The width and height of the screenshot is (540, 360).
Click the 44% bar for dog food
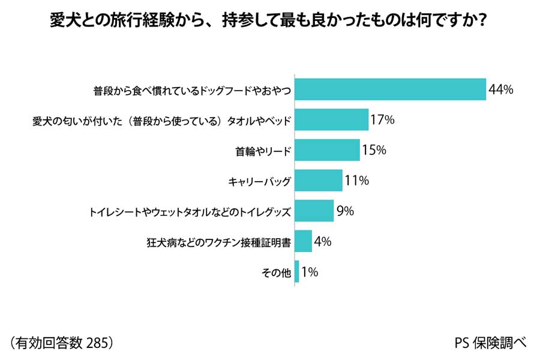390,89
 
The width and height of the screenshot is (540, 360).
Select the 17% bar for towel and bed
331,120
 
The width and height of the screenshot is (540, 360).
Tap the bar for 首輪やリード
327,150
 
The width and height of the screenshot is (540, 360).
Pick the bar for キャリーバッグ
319,180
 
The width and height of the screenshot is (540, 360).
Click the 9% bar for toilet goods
314,211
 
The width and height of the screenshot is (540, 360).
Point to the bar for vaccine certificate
303,241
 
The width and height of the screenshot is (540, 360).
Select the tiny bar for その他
297,272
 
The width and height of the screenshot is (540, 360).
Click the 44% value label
501,90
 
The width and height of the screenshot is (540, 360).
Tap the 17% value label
382,120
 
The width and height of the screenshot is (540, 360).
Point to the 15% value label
373,150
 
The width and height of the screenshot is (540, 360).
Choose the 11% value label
356,180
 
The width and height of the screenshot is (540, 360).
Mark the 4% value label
323,242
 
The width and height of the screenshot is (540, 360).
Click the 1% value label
310,272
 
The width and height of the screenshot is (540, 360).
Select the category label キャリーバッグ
260,181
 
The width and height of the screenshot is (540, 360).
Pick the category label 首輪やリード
263,151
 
